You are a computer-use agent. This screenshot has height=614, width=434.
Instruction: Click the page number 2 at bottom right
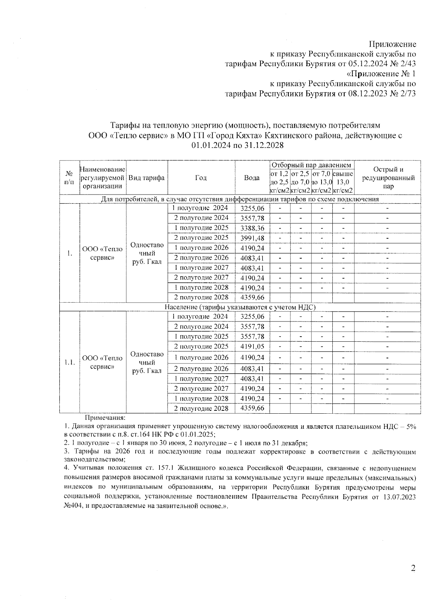coord(413,568)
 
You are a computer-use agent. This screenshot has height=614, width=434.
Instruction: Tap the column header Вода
coord(252,178)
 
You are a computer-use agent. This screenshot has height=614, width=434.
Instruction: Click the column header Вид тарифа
coord(146,178)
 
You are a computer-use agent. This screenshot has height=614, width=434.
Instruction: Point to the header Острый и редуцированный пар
coord(388,178)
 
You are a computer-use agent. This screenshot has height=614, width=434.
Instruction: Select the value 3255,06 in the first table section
coord(252,208)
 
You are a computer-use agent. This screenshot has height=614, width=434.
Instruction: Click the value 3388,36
coord(252,228)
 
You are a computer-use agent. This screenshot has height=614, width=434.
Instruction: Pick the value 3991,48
coord(252,238)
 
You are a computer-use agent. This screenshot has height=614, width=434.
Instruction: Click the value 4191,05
coord(252,346)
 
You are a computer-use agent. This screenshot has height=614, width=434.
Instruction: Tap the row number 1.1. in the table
coord(69,362)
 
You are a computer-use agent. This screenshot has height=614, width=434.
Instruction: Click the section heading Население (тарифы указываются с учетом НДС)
coord(240,307)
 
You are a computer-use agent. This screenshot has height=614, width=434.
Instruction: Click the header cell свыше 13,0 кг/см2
coord(343,178)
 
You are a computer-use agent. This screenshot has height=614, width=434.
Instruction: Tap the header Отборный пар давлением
coord(311,165)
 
